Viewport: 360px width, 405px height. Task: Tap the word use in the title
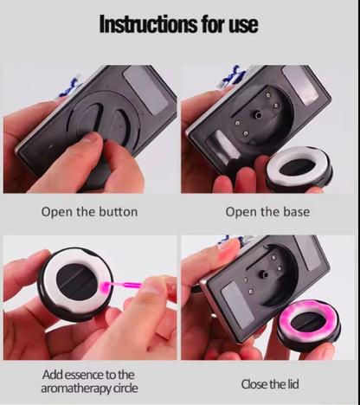coord(243,25)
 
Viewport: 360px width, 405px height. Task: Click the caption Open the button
coord(89,212)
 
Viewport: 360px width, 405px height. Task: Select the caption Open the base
coord(267,212)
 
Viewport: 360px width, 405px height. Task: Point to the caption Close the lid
coord(270,384)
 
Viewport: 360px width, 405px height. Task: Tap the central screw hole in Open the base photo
coord(258,116)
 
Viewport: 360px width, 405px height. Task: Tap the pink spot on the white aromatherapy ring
coord(104,286)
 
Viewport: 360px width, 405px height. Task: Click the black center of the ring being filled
coord(75,280)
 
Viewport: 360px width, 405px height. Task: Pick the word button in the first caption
coord(119,211)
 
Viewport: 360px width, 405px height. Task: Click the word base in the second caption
coord(297,212)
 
